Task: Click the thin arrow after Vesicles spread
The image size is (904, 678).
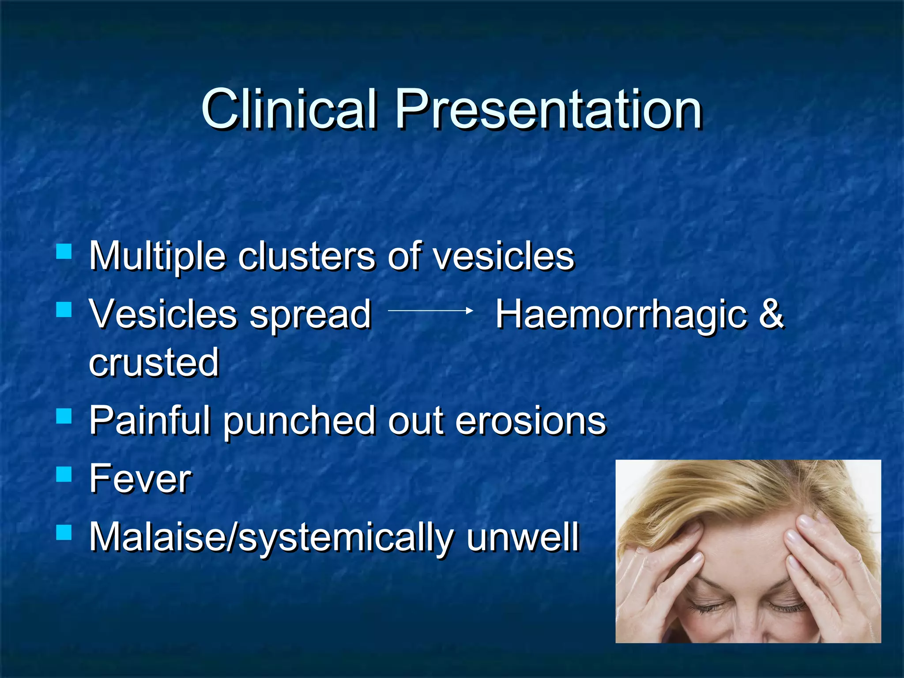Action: point(430,311)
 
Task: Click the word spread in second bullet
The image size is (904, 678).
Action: point(310,315)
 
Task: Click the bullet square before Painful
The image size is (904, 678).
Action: point(64,416)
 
